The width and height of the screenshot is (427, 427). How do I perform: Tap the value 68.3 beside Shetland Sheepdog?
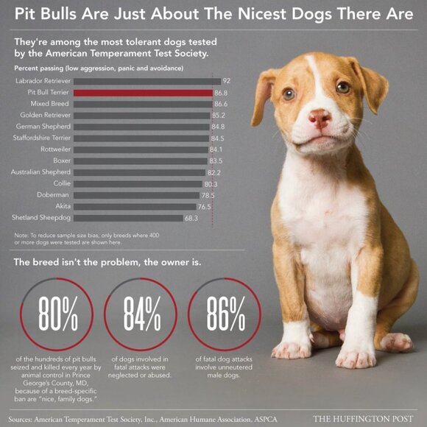coord(191,218)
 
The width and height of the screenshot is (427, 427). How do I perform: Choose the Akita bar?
coord(133,206)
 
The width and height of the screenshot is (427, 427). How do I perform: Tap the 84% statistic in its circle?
coord(141,315)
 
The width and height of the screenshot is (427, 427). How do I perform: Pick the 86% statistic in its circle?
coord(225,315)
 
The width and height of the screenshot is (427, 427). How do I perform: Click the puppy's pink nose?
coord(319,118)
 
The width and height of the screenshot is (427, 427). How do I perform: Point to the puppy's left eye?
coord(289,93)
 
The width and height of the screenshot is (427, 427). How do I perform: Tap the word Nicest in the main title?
coord(267,14)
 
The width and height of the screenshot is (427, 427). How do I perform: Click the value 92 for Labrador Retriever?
coord(227,81)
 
